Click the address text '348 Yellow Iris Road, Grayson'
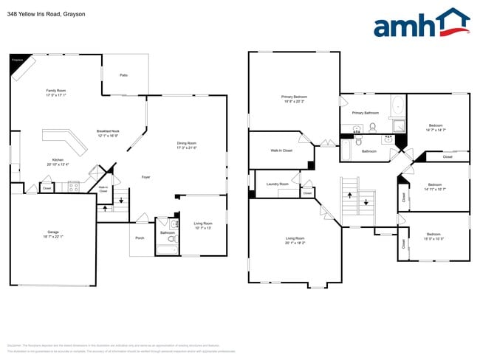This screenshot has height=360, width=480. [46, 13]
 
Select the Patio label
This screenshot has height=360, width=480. [124, 75]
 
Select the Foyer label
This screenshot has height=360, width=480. [145, 177]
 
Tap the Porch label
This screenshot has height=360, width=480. [140, 238]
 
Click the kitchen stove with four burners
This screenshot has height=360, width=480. [74, 187]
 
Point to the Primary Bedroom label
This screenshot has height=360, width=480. [293, 97]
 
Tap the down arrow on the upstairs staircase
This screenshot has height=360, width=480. [366, 202]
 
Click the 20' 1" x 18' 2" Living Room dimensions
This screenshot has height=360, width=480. [295, 242]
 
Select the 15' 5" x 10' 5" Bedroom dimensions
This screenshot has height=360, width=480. [433, 238]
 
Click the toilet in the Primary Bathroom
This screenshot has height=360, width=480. [373, 127]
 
